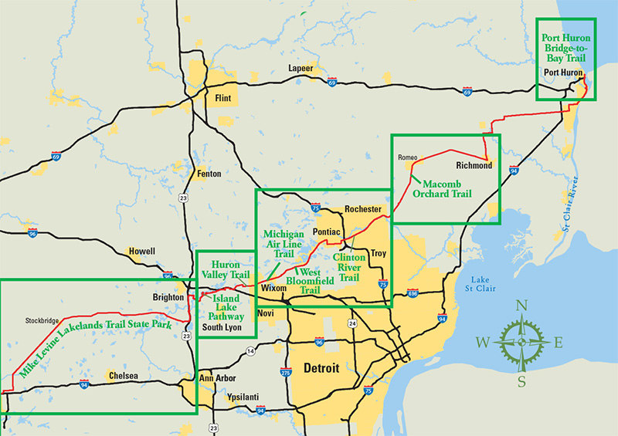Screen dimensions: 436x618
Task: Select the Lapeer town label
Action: [301, 68]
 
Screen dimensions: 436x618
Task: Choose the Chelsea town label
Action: [124, 376]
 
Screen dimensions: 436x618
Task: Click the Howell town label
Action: [141, 251]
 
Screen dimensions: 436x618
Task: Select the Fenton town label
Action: [209, 174]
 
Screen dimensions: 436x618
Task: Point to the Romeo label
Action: [407, 157]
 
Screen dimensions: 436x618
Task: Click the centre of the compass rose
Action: [521, 342]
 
